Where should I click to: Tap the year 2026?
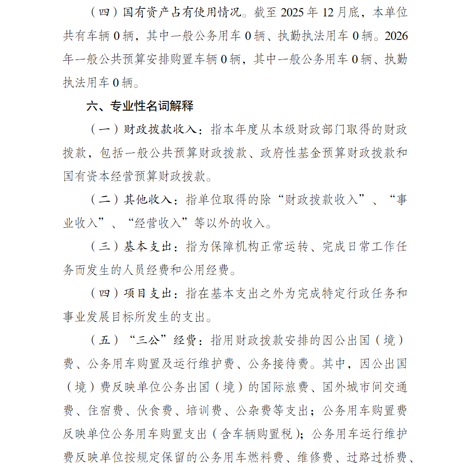pos(397,36)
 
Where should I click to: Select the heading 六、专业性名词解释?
pos(140,106)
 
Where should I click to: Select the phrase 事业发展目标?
pos(97,317)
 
